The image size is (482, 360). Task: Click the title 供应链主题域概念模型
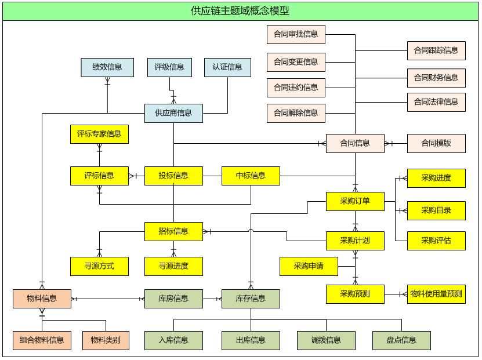[240, 11]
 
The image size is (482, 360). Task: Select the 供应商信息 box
[173, 113]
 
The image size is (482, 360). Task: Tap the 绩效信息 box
[107, 67]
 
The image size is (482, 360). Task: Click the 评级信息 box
[169, 67]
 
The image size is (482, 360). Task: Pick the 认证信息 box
[227, 67]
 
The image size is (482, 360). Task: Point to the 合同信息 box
[355, 143]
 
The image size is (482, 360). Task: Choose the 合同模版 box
[436, 143]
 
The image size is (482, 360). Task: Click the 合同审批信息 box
[296, 34]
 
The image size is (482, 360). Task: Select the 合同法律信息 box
[436, 102]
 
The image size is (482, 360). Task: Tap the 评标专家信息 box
[99, 134]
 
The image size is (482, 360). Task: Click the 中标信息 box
[251, 176]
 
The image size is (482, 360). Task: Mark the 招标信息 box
[173, 231]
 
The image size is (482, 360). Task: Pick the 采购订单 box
[355, 201]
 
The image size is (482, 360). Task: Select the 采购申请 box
[309, 266]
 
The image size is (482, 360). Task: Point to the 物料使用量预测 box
[436, 294]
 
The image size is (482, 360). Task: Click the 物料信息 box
[42, 299]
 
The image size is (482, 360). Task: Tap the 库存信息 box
[251, 299]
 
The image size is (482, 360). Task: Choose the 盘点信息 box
[401, 340]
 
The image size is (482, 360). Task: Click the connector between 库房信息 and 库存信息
[212, 299]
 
